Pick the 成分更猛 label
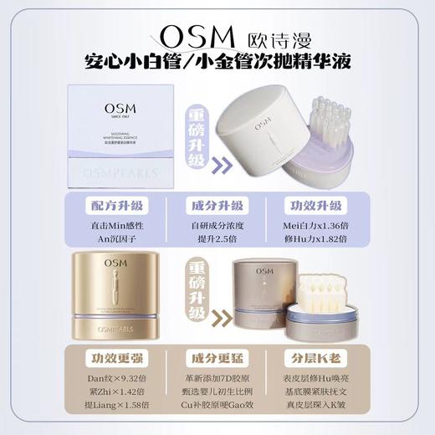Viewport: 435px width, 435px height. (x=217, y=359)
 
